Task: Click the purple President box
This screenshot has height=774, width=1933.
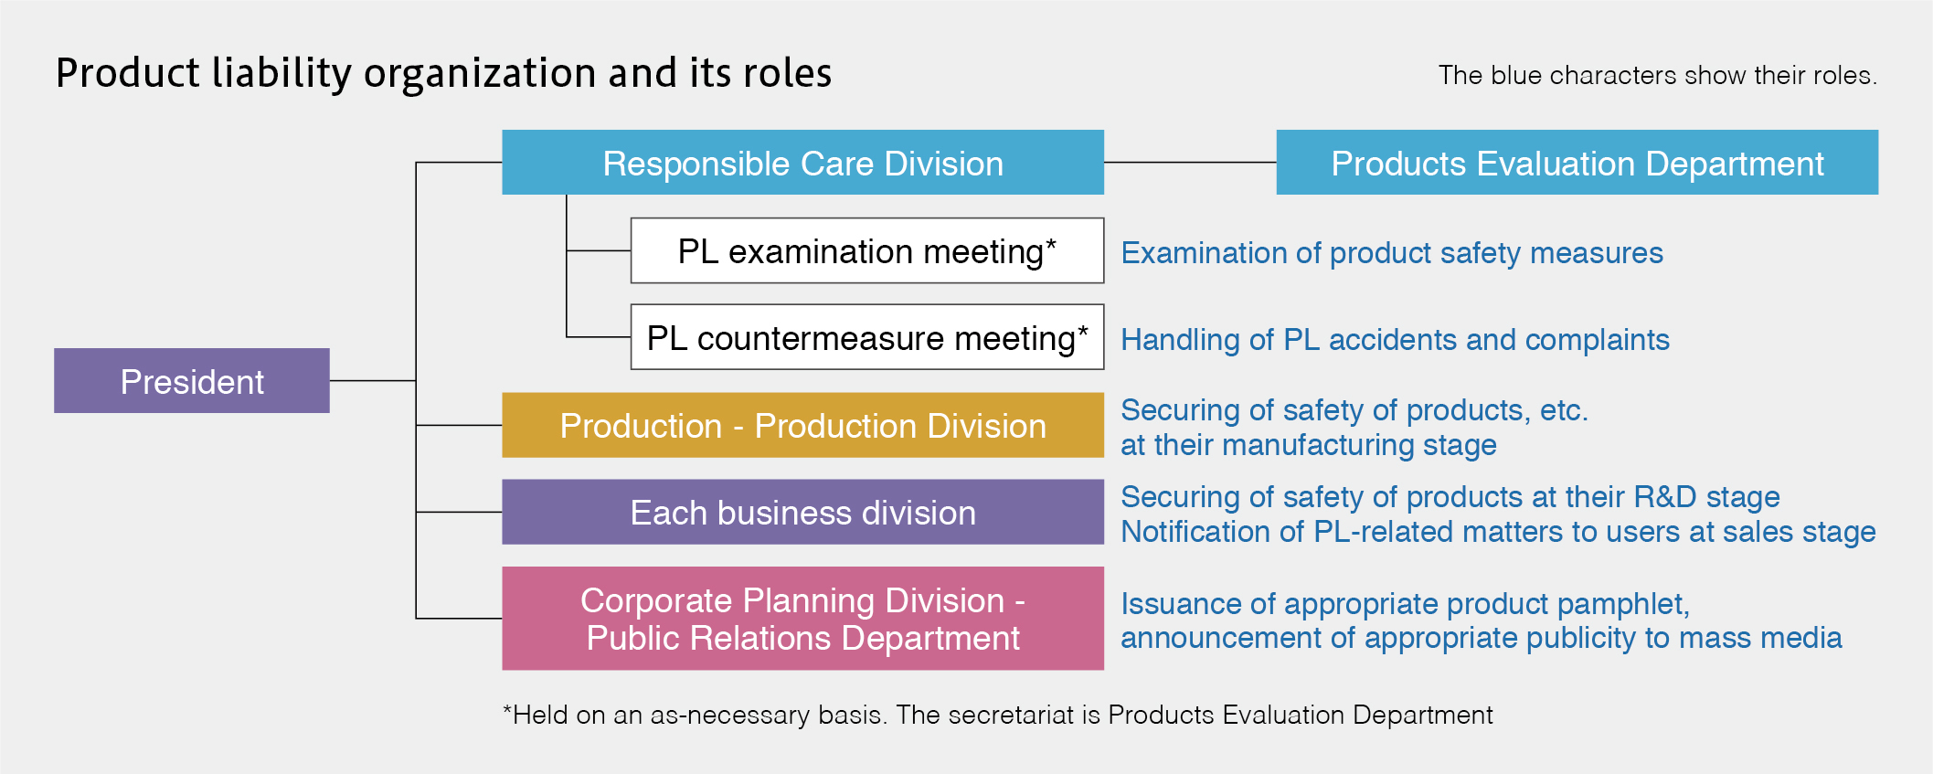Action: (x=192, y=380)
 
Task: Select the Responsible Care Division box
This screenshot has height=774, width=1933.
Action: (x=802, y=162)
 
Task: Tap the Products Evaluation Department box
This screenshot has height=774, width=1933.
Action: (x=1577, y=162)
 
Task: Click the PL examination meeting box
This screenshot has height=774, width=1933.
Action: (x=867, y=250)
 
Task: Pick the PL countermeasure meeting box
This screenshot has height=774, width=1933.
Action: (x=867, y=337)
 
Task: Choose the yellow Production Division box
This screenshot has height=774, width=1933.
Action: (x=802, y=425)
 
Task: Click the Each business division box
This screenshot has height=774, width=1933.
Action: (x=802, y=512)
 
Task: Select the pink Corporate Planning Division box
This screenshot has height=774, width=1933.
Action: (x=802, y=619)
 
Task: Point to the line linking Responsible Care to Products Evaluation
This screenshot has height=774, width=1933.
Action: (x=1190, y=162)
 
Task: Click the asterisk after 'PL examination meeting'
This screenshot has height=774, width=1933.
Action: (x=1051, y=244)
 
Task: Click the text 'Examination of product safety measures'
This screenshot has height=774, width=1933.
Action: (x=1392, y=253)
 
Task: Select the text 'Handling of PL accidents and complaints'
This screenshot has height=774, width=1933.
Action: (x=1395, y=340)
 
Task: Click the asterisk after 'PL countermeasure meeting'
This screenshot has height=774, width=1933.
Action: (x=1083, y=331)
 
